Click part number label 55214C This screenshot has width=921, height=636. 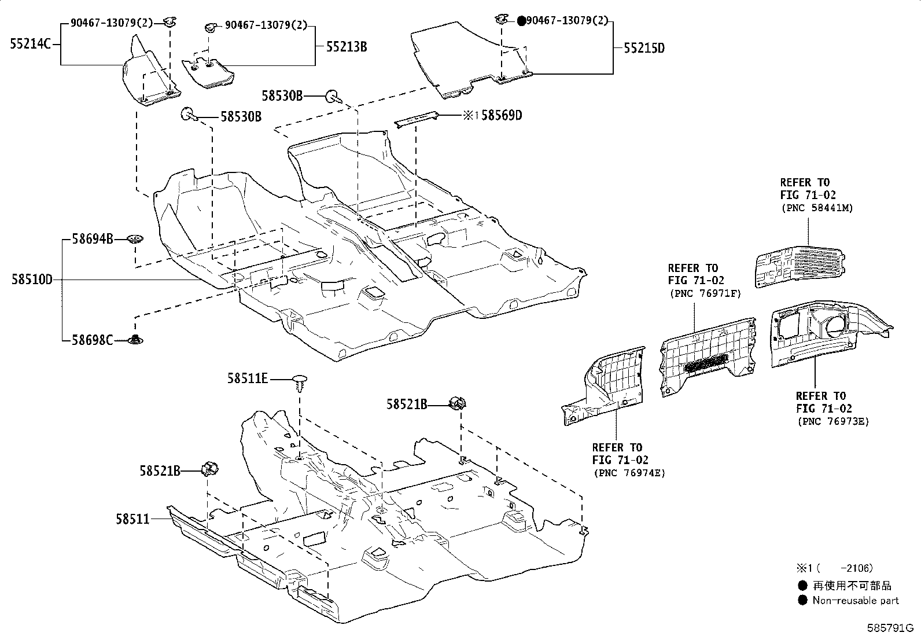(31, 43)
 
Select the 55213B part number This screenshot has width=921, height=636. (346, 47)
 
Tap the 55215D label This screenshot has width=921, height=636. (644, 48)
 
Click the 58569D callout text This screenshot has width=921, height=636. (502, 116)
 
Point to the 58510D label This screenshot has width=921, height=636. (31, 280)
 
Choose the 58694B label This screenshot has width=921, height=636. (93, 238)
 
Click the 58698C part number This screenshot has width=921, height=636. (93, 340)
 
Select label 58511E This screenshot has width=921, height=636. (248, 378)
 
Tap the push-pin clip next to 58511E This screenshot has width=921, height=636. (299, 383)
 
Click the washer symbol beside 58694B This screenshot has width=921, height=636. (136, 238)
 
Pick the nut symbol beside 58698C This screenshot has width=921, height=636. (136, 340)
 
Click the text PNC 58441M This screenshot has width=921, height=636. (816, 208)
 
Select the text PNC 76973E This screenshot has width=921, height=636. (832, 421)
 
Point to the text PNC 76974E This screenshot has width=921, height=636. (629, 473)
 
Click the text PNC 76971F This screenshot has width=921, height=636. (705, 293)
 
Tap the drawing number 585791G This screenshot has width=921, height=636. (889, 627)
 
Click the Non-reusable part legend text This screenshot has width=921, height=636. (856, 601)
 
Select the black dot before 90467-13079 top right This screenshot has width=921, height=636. (521, 21)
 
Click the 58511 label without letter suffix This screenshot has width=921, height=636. (132, 519)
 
